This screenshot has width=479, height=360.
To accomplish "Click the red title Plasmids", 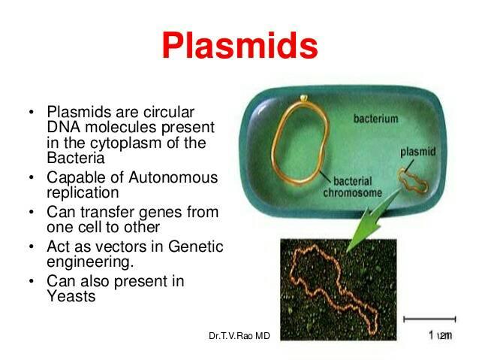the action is click(x=239, y=45).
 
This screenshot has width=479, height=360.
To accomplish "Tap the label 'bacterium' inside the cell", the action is click(x=375, y=118).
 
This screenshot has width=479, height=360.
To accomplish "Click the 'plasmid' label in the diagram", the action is click(x=418, y=152).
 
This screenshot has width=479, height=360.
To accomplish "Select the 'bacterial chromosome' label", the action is click(x=353, y=187).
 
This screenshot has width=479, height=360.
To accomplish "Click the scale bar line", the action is click(x=429, y=319).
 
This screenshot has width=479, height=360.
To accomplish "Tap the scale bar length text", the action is click(x=440, y=335).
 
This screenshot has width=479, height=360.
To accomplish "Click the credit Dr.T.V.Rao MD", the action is click(x=239, y=336).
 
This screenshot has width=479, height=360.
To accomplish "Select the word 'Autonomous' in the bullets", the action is click(x=173, y=177).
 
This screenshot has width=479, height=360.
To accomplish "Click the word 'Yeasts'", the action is click(x=71, y=296).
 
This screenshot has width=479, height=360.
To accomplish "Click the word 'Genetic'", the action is click(x=195, y=247).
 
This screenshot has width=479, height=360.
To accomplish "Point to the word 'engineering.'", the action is click(x=90, y=262).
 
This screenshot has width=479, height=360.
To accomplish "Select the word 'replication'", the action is click(x=83, y=193).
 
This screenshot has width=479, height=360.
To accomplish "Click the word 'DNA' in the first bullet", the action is click(x=64, y=127).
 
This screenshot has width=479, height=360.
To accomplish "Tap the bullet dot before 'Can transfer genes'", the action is click(x=31, y=212).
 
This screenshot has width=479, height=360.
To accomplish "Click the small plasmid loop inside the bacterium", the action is click(x=414, y=181).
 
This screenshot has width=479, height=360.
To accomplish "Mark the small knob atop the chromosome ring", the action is click(x=303, y=98).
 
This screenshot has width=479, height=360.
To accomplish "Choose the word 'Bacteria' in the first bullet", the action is click(x=76, y=158).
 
